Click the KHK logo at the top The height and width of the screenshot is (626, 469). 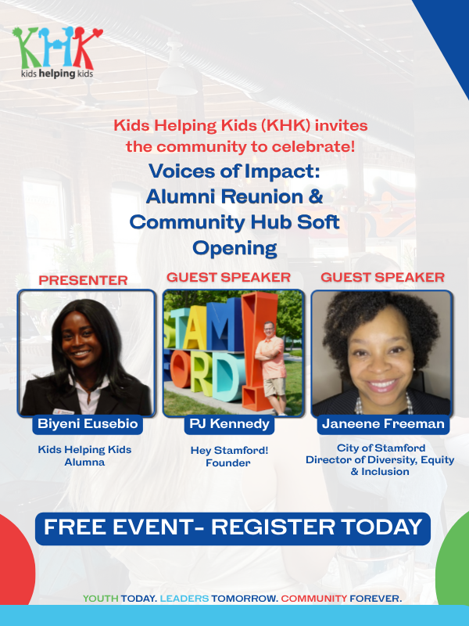[x=57, y=52]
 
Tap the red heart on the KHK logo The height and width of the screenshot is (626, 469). [x=97, y=33]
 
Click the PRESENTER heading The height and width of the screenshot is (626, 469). [x=83, y=280]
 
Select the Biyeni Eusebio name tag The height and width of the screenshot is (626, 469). [x=88, y=423]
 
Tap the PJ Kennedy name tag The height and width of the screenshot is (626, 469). [x=229, y=423]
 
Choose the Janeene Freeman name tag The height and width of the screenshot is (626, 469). [x=383, y=423]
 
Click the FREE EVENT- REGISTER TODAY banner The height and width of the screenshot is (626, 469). [x=233, y=527]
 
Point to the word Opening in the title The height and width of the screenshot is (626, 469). [x=235, y=248]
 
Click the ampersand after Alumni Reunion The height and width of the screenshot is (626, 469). [x=316, y=196]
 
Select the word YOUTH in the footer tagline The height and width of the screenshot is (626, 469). [x=101, y=599]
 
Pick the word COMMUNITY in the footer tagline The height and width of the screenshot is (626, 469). [x=314, y=599]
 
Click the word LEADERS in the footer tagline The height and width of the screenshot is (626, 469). [x=184, y=599]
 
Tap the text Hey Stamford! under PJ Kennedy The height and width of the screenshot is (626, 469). [x=229, y=451]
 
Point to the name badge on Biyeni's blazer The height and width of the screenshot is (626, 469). [x=64, y=412]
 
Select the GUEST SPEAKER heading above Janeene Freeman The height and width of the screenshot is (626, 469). [x=382, y=277]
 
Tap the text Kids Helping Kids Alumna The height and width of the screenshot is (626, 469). [x=84, y=455]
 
